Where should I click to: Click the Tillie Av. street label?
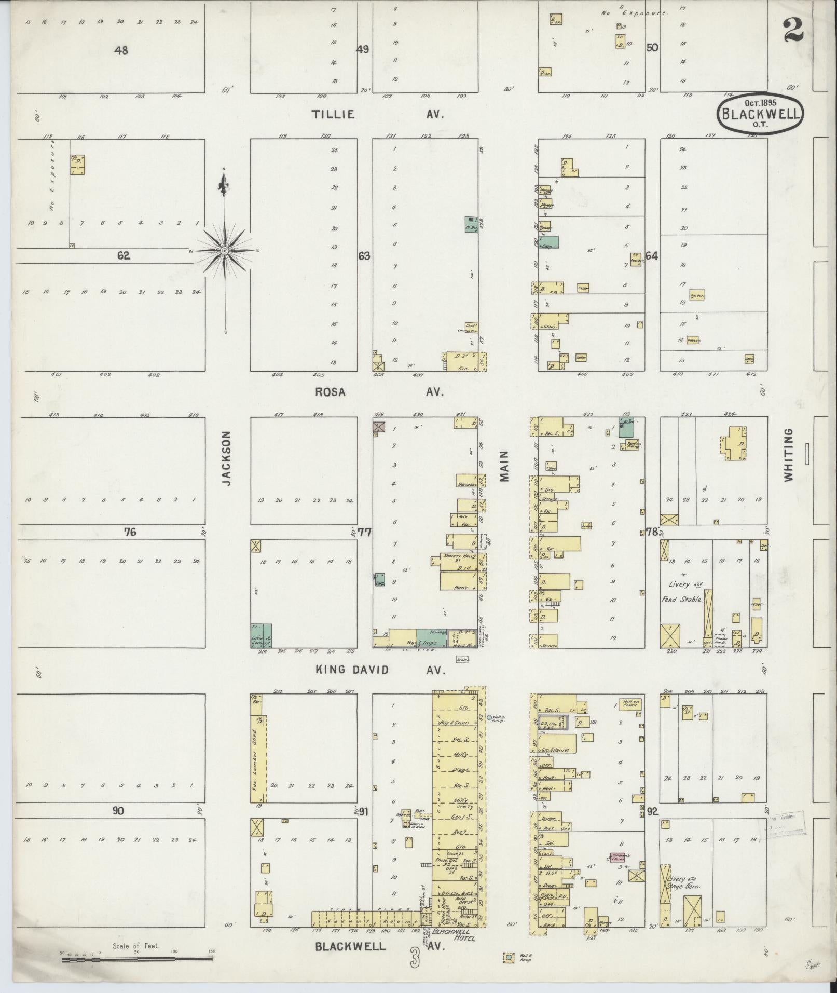click(x=378, y=115)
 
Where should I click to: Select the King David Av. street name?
click(x=381, y=670)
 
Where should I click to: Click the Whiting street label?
click(x=789, y=455)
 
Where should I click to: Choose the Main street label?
click(x=504, y=467)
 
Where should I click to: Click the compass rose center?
click(x=225, y=251)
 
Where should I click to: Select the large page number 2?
click(x=793, y=30)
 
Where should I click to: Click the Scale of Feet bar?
click(x=138, y=960)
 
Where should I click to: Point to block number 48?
click(x=122, y=50)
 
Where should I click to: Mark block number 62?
click(x=124, y=255)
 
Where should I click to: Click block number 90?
click(x=118, y=811)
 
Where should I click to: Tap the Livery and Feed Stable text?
click(x=683, y=591)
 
